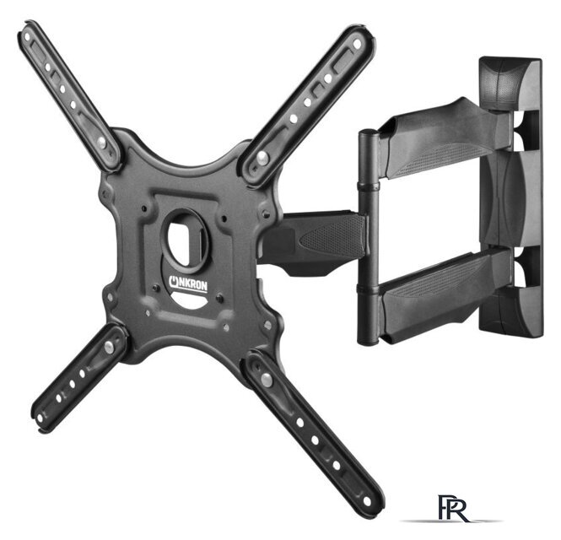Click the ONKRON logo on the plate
pos(188,284)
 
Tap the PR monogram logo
pos(453,509)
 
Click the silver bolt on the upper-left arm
pos(101,142)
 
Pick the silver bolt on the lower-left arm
pos(109,346)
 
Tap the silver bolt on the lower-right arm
pos(267,380)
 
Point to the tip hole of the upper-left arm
pos(28,36)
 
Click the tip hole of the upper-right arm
pos(357,44)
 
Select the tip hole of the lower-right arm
pos(366,501)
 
